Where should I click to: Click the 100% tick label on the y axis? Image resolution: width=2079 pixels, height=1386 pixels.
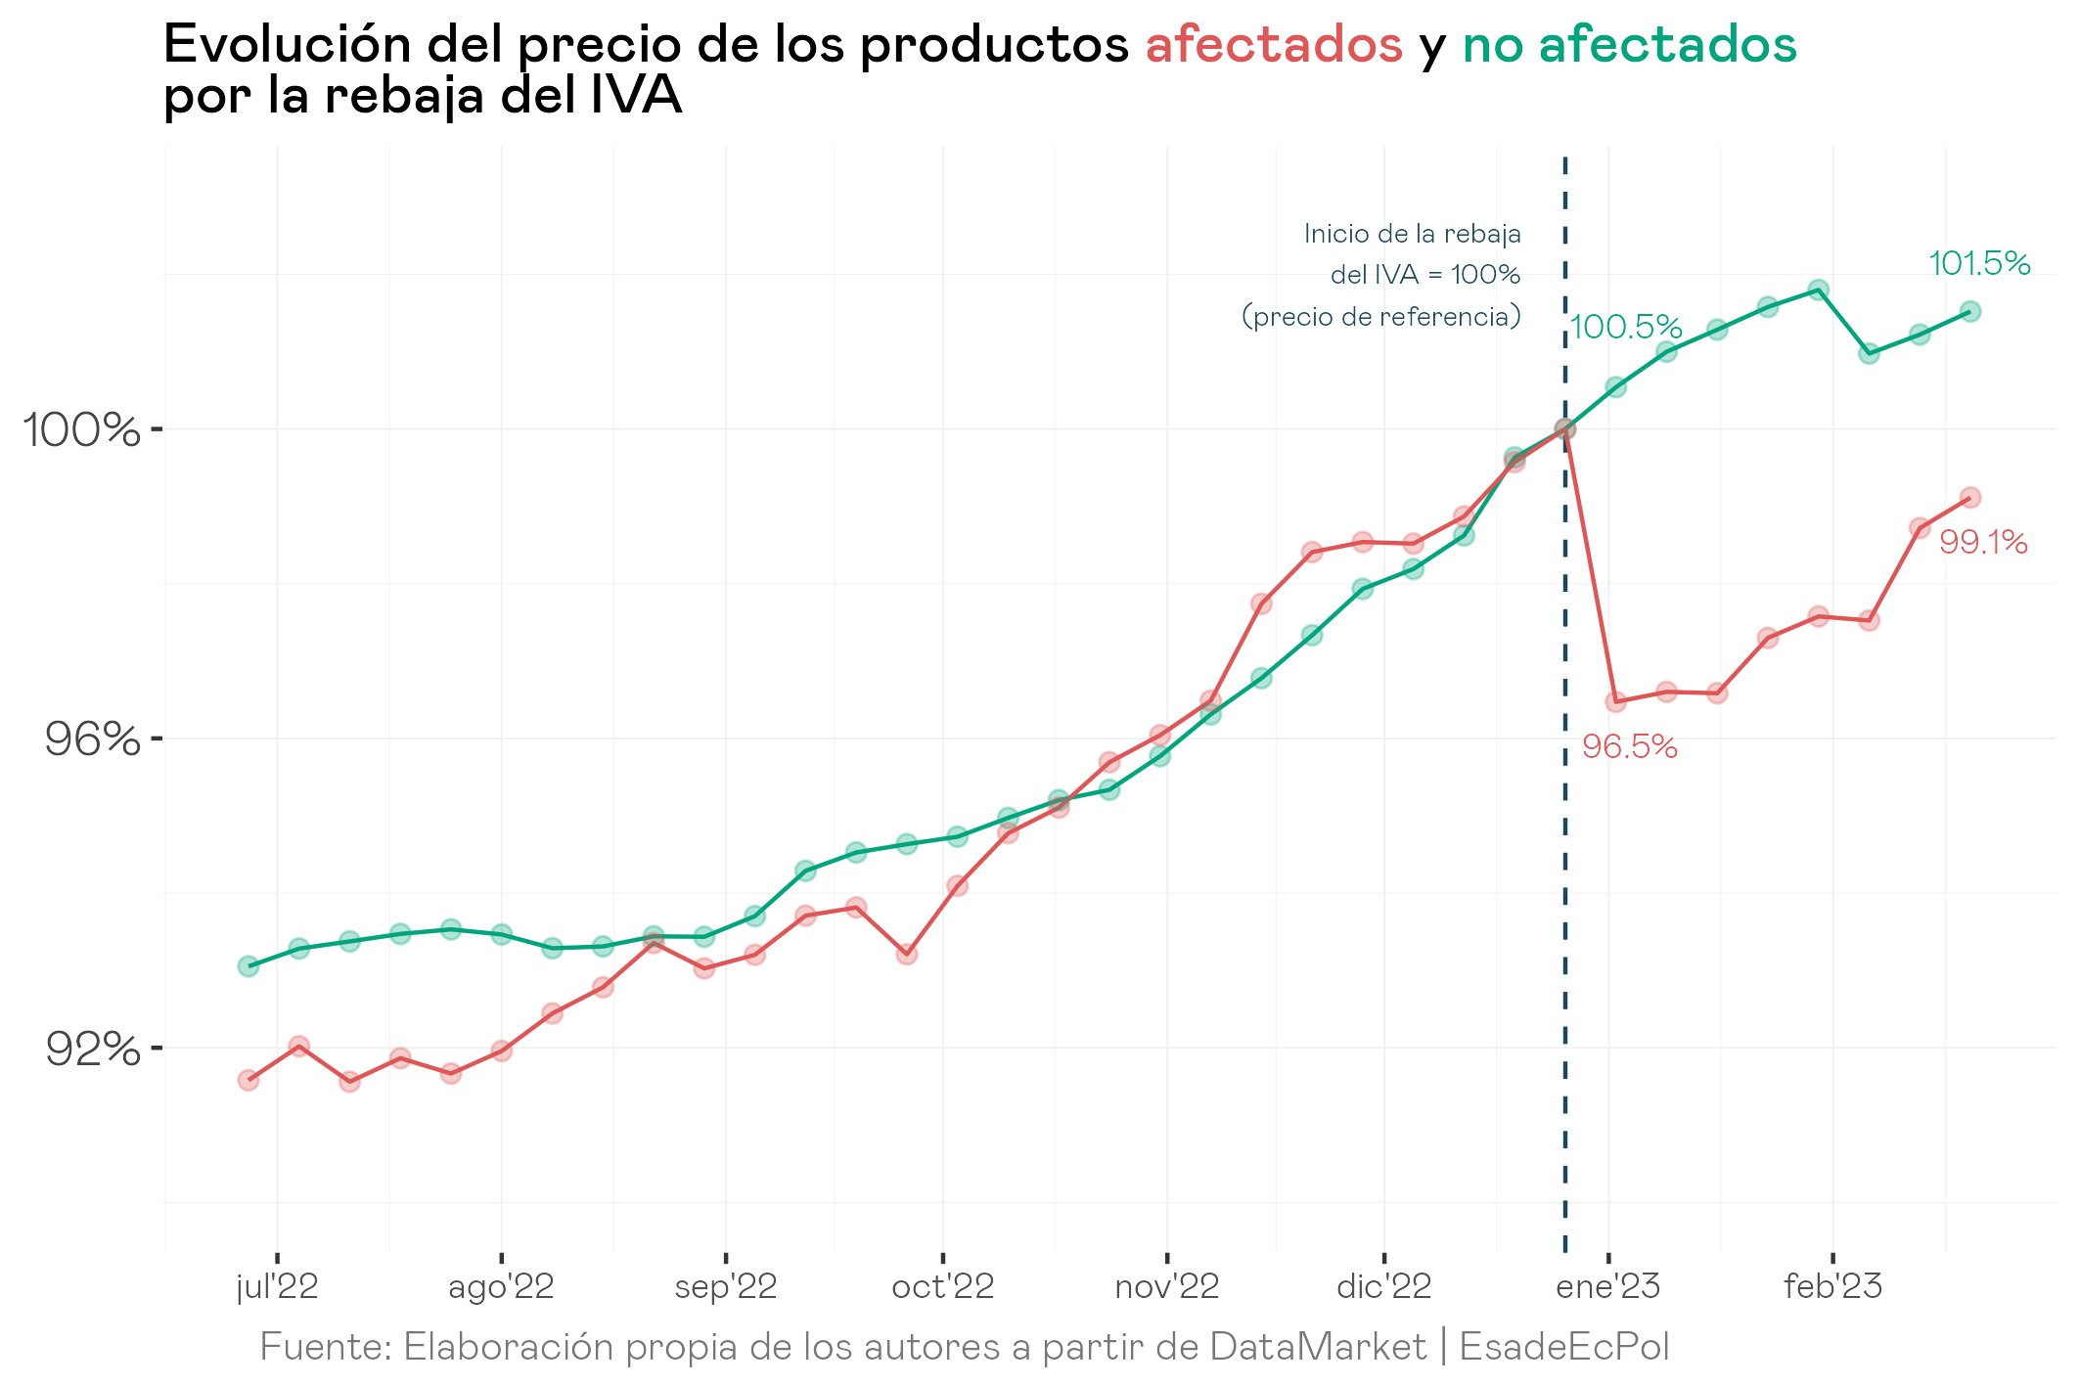pos(81,429)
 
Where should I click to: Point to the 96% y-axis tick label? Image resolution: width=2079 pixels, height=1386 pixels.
pos(92,739)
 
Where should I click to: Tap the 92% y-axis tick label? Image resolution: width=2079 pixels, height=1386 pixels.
pos(93,1050)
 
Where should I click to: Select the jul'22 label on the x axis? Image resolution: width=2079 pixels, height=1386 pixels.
pos(278,1286)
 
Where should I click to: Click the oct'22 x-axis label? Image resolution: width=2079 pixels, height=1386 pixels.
pos(942,1286)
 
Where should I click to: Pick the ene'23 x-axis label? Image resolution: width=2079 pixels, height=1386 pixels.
pos(1607,1286)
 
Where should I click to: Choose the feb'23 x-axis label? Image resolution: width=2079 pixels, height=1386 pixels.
pos(1832,1286)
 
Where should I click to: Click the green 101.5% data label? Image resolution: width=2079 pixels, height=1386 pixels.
pos(1979,263)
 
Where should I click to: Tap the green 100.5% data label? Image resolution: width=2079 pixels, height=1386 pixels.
pos(1626,327)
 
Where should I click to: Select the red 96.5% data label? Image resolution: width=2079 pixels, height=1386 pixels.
pos(1630,747)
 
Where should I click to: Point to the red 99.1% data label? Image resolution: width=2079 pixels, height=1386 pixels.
pos(1983,542)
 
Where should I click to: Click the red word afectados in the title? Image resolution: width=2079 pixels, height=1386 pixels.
pos(1274,45)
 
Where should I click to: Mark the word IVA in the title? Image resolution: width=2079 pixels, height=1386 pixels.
pos(636,96)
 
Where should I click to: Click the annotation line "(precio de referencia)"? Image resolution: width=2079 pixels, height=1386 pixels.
pos(1381,317)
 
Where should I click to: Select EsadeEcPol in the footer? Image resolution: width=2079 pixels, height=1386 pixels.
pos(1564,1347)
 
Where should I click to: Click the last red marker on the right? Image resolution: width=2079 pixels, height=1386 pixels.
pos(1970,497)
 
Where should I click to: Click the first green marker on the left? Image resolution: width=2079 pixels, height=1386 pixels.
pos(249,966)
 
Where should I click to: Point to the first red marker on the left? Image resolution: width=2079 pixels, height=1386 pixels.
pos(249,1080)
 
